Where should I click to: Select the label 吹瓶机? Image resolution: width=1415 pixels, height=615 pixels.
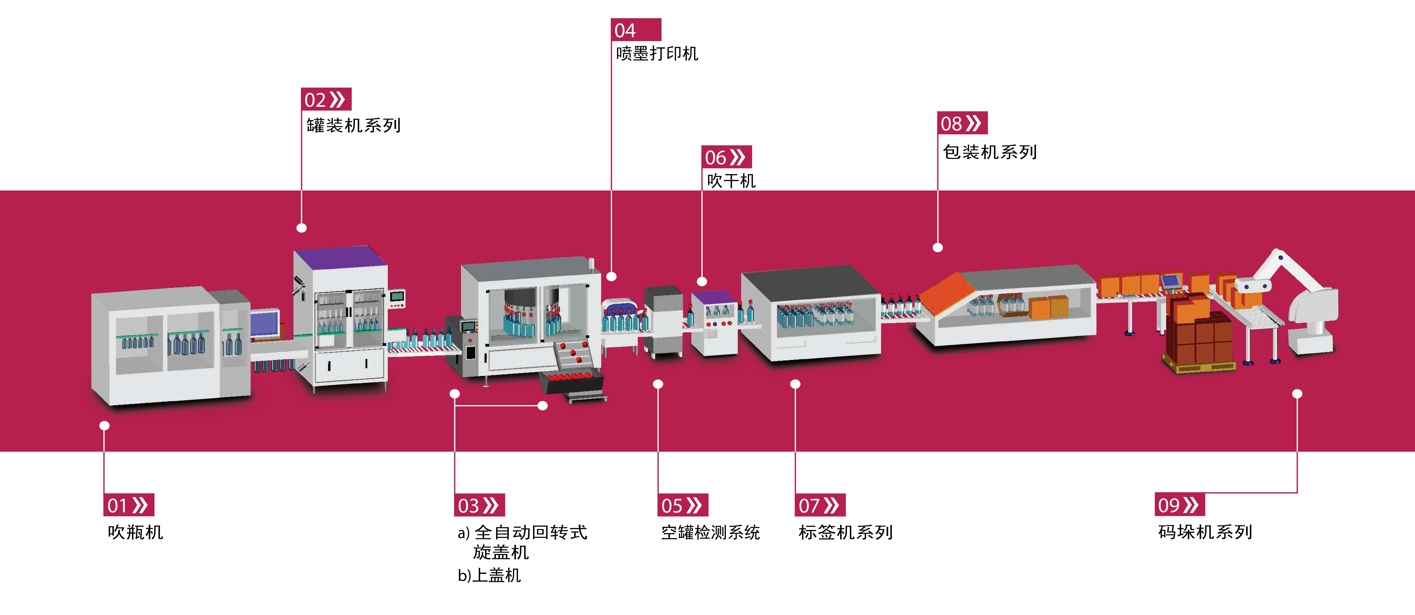click(135, 532)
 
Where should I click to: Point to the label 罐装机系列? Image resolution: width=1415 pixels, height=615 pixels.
click(353, 125)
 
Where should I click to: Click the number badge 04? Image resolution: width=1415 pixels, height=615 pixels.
click(636, 30)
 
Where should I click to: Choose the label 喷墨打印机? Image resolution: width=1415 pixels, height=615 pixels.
click(657, 53)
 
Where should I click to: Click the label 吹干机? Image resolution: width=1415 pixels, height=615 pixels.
click(731, 181)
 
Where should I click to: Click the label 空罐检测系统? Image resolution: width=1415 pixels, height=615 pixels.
click(710, 532)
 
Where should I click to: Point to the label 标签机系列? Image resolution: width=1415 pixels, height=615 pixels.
click(845, 532)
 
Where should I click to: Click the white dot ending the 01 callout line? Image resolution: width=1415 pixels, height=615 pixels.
click(104, 425)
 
